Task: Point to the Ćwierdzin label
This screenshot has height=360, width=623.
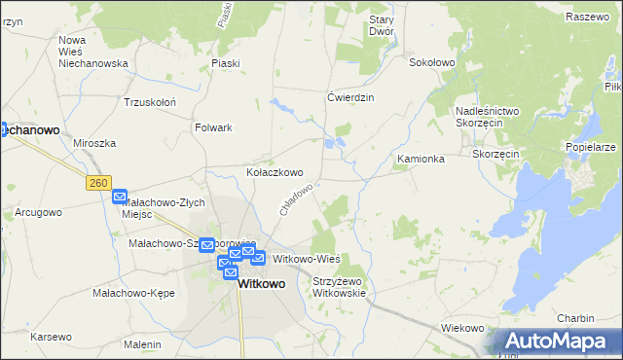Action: pos(350,97)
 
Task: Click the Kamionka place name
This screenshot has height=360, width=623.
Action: pos(421,159)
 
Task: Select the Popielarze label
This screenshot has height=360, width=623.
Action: pos(590,147)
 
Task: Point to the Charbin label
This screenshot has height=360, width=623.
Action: pos(575,318)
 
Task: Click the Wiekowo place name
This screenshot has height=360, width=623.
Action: pos(462,328)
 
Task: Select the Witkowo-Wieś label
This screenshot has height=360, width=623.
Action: pos(306,259)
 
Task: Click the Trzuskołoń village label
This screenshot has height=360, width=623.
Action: pos(149,101)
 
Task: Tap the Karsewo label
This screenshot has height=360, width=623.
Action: pos(51,337)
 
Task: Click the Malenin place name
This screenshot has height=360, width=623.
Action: pos(142,344)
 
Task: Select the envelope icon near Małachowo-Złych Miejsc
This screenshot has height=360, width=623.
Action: pos(120,197)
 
